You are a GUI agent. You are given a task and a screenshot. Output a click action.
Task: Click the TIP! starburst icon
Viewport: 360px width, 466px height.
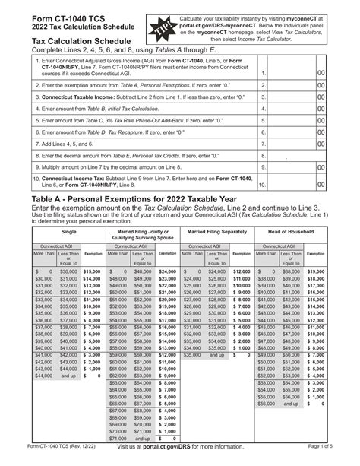(x=165, y=22)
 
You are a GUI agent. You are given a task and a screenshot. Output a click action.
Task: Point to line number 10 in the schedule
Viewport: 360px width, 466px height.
(x=261, y=183)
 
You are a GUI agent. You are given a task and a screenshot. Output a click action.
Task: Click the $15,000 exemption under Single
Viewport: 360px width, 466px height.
(x=92, y=271)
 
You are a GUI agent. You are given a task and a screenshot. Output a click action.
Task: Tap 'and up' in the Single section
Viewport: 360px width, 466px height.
(x=68, y=375)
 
